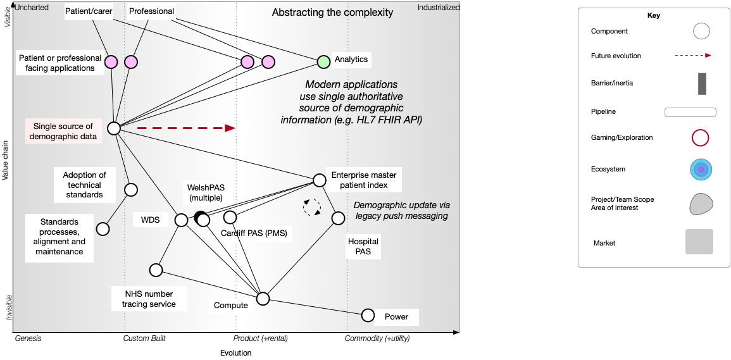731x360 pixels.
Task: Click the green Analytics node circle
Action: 323,61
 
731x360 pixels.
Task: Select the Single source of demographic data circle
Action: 114,128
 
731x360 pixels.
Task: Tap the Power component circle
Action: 368,315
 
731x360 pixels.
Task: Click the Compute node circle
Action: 263,299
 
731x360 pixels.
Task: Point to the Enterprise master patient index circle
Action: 319,180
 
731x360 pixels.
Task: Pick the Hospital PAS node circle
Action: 338,218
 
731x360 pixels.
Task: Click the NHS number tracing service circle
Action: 156,270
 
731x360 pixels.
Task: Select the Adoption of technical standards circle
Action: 131,189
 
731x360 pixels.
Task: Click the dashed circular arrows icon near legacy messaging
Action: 312,207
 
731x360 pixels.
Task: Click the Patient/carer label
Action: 89,11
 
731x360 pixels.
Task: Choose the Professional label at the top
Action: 151,11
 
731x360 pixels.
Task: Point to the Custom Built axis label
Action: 144,338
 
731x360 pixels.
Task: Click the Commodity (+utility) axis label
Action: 377,338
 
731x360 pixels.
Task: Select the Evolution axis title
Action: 235,353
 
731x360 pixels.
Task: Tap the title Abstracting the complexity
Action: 332,13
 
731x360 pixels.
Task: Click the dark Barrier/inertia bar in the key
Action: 702,84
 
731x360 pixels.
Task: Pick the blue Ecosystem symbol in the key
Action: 701,170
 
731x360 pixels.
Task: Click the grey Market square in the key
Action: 699,242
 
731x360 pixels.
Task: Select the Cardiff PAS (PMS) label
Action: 254,233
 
